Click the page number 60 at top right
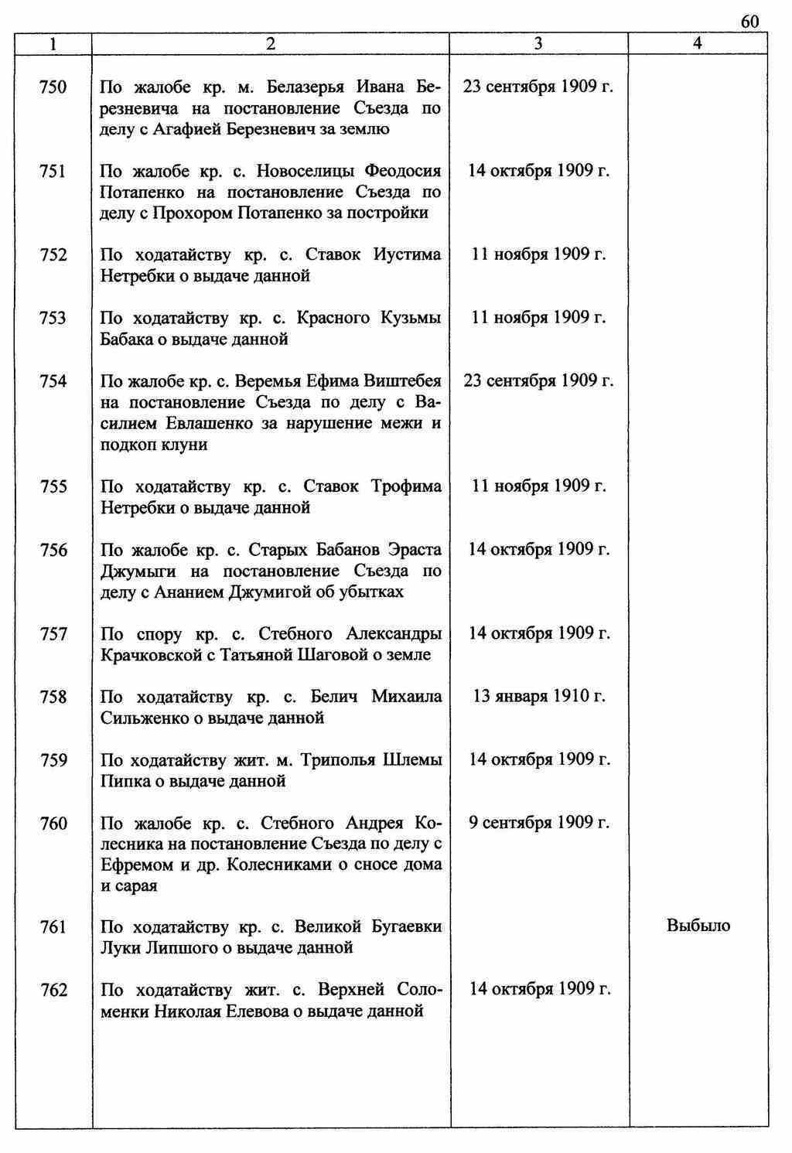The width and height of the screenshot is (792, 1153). (749, 21)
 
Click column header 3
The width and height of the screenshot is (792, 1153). (538, 44)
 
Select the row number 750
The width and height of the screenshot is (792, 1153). (53, 87)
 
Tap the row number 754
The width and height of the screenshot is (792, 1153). (53, 381)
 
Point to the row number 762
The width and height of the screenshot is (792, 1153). (53, 991)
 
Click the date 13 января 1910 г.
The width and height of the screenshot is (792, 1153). (538, 697)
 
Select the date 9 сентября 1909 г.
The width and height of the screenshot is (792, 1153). (538, 823)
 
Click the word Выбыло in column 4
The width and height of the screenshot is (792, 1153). (698, 926)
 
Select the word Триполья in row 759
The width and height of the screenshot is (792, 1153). (338, 760)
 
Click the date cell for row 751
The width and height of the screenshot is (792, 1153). (538, 171)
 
